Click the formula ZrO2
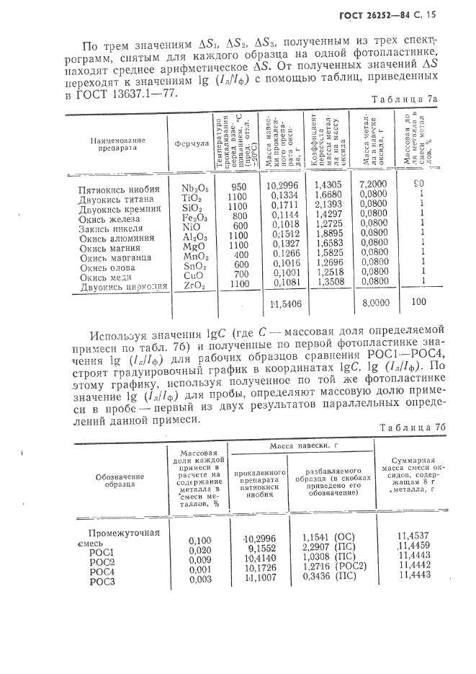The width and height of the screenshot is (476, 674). pyautogui.click(x=194, y=286)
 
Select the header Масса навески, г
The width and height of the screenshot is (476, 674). pyautogui.click(x=303, y=448)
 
